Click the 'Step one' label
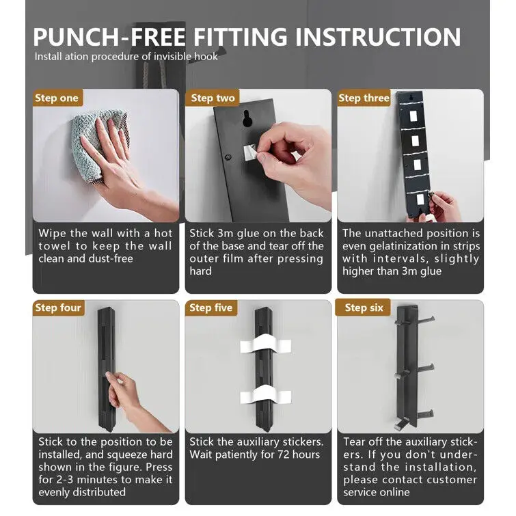(x=57, y=98)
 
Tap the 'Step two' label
(x=213, y=98)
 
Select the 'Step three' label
(x=364, y=98)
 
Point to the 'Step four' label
(x=58, y=308)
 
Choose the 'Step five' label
(x=211, y=308)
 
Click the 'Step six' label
(x=364, y=308)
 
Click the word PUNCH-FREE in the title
(x=109, y=36)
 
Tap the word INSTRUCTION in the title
(x=378, y=36)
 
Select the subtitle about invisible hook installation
(x=126, y=57)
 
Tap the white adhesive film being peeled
(x=251, y=152)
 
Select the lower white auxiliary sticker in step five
(x=265, y=395)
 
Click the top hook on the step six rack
(x=424, y=319)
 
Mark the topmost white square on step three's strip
(x=413, y=116)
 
